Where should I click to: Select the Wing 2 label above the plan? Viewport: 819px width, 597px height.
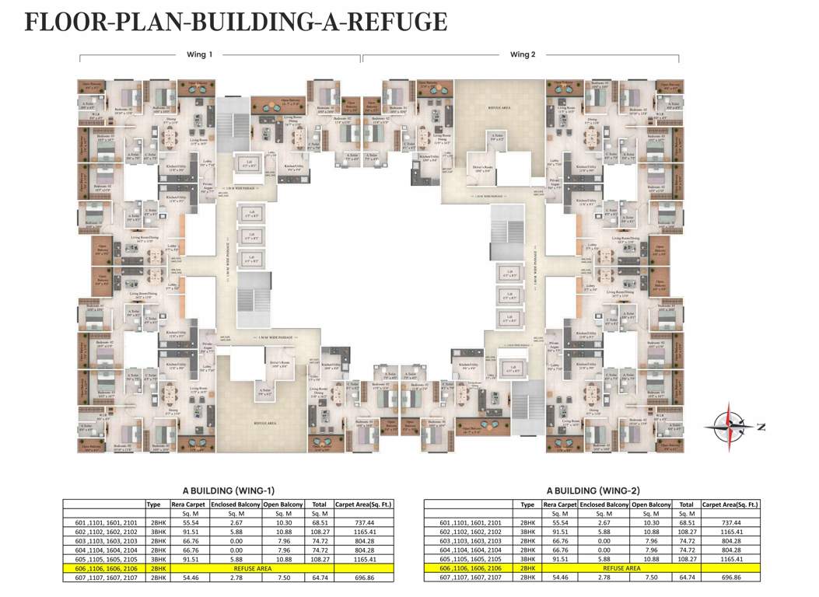(x=523, y=54)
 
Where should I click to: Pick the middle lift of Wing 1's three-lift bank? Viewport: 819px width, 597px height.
(x=251, y=234)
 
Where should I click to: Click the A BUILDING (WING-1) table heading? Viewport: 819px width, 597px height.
(x=229, y=491)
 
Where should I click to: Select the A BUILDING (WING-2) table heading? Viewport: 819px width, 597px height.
(x=593, y=491)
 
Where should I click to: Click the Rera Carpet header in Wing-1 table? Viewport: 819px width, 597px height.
(x=189, y=504)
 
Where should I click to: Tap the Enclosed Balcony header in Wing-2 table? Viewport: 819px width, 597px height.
(x=604, y=504)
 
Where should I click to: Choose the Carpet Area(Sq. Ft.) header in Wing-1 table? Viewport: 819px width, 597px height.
(x=363, y=504)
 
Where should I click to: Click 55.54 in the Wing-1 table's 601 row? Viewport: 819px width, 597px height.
(x=189, y=523)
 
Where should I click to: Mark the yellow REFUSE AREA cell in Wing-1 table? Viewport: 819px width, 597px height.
(x=254, y=568)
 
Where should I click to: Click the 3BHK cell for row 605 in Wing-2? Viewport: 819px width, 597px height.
(x=528, y=559)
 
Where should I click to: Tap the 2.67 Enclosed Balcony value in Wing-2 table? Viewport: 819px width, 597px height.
(x=604, y=523)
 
